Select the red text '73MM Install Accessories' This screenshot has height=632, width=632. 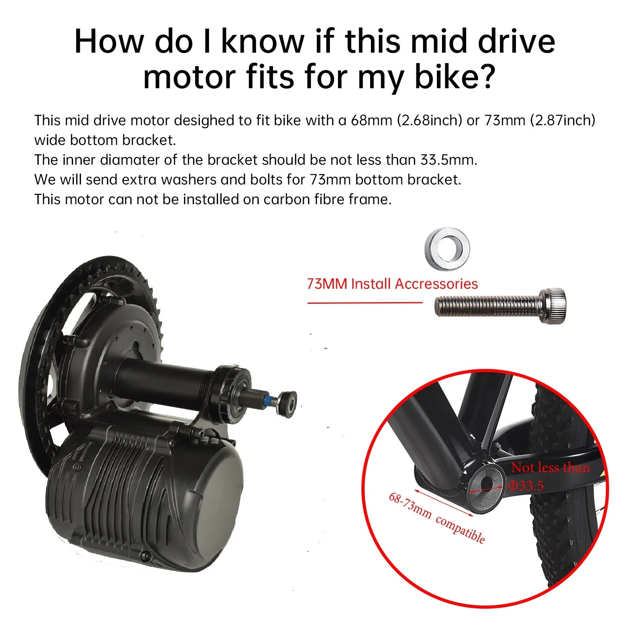point(392,284)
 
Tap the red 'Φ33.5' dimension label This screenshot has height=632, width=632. point(526,485)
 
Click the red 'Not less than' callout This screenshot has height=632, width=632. point(550,467)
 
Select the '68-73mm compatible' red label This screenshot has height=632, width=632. point(436,518)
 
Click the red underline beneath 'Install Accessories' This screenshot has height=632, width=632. point(365,303)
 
